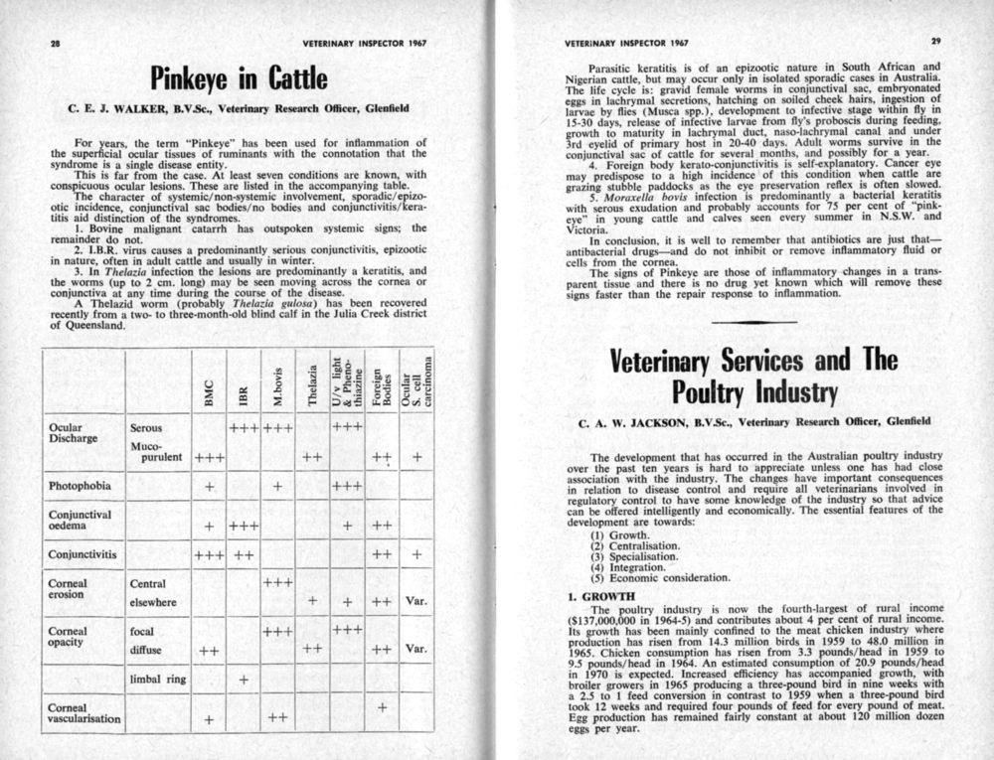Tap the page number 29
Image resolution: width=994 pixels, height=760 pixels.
[935, 42]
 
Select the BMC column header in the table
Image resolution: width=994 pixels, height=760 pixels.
[209, 398]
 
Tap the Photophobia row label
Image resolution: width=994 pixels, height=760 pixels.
[81, 487]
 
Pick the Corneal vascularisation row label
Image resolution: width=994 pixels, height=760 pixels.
[84, 711]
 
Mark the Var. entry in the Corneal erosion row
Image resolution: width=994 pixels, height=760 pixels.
[416, 601]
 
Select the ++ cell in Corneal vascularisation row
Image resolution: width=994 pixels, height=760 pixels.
[278, 716]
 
